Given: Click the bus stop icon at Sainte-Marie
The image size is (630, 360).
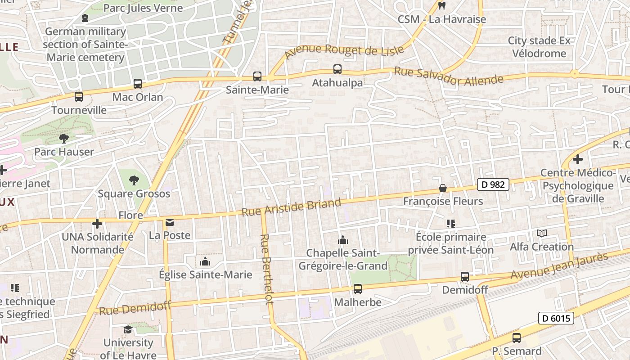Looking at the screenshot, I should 257,76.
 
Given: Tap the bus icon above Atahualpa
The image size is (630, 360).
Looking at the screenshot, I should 337,69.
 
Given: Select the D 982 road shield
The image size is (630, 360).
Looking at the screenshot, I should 493,184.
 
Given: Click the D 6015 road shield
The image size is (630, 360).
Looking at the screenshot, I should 556,319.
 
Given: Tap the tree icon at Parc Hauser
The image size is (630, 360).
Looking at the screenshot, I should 64,138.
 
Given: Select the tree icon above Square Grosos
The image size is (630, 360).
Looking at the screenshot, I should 134,180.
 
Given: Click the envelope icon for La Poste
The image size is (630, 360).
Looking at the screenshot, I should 170,222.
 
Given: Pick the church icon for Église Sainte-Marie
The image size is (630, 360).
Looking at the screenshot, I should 205,261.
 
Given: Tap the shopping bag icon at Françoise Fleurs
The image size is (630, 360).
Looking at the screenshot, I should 443,188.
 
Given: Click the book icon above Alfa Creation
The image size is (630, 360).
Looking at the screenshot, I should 542,234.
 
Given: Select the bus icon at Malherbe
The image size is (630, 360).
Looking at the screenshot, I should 358,289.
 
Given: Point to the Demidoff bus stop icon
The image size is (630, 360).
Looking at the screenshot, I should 465,277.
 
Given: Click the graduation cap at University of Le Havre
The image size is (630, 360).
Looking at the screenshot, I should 128,329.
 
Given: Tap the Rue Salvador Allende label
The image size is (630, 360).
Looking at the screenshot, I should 449,76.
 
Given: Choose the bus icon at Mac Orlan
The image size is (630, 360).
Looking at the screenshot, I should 138,84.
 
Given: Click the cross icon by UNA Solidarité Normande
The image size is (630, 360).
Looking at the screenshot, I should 97,223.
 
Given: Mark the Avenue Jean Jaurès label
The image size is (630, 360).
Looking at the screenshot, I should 559,266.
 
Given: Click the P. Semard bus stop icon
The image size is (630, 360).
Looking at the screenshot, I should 517,337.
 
